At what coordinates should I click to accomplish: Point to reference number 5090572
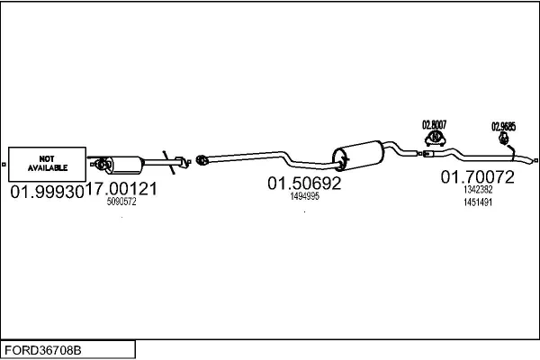[121, 202]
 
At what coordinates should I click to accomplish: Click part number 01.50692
[304, 183]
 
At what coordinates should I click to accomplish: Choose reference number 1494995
[304, 195]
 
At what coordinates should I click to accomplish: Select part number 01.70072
[477, 178]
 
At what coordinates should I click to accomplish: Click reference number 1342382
[478, 190]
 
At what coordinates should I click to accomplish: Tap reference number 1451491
[478, 202]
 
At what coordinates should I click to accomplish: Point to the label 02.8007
[436, 123]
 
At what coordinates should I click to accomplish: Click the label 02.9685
[503, 127]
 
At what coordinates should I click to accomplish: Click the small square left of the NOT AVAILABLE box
[4, 164]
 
